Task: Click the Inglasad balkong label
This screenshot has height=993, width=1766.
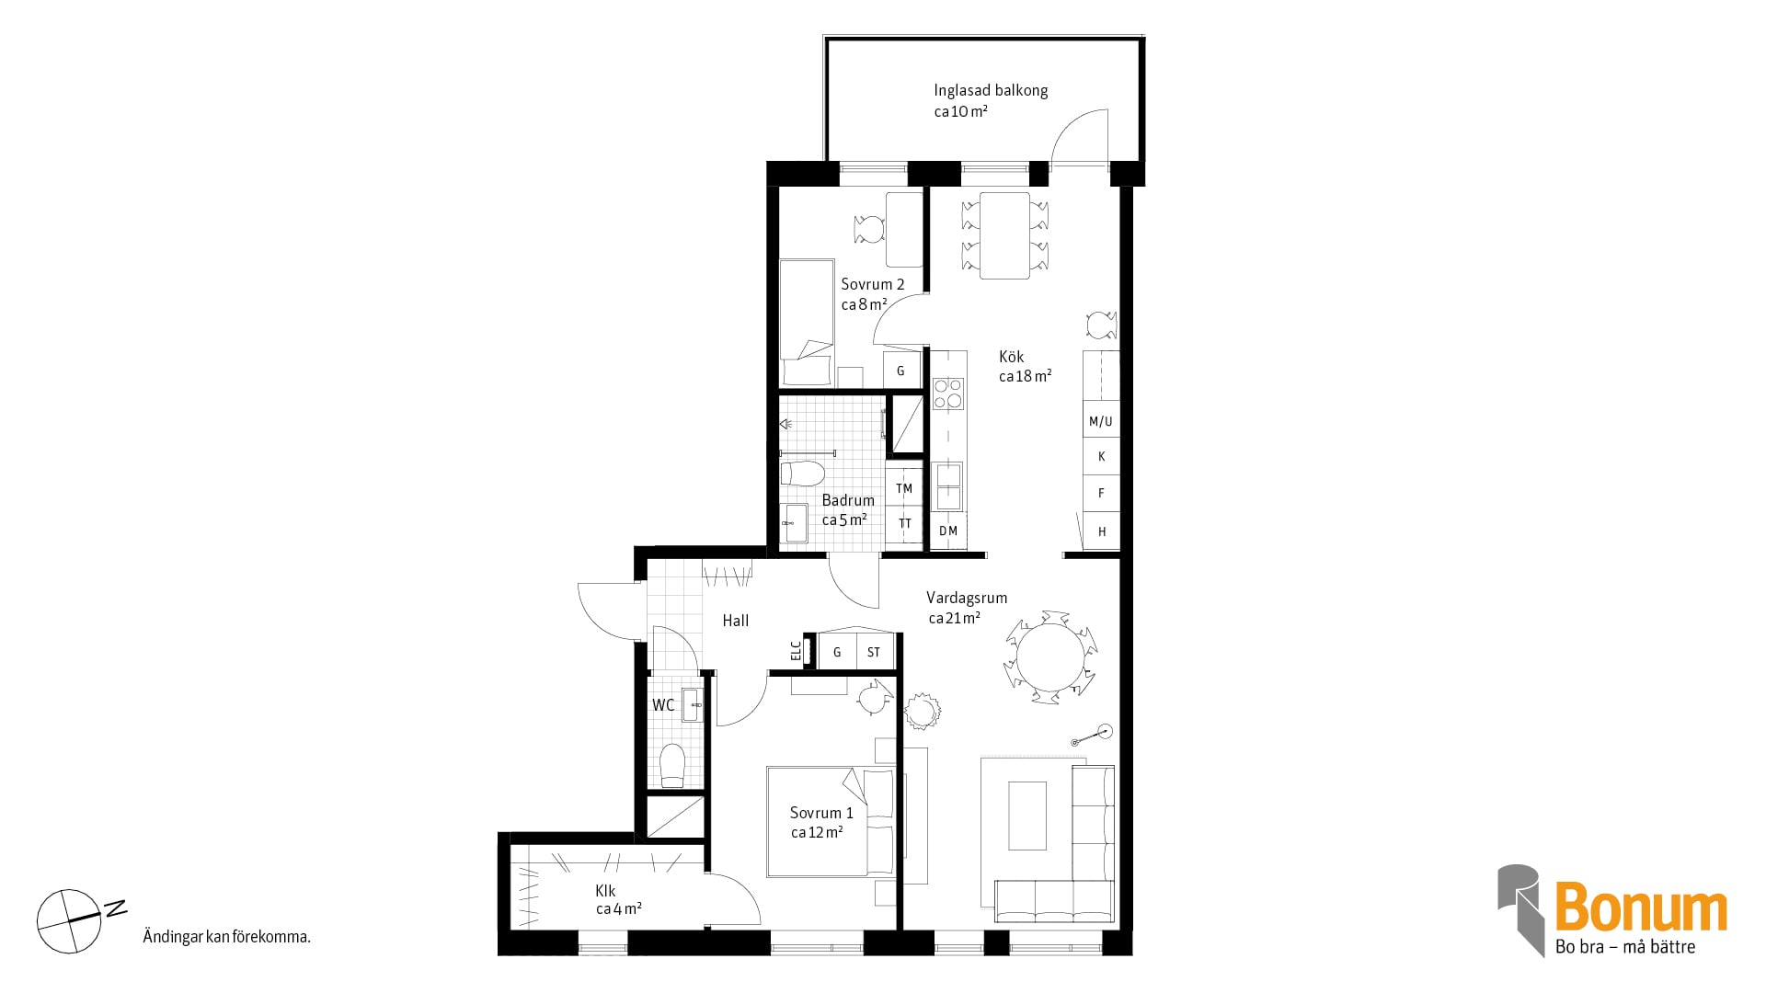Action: [x=991, y=90]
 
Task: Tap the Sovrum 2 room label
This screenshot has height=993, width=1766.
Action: [x=873, y=284]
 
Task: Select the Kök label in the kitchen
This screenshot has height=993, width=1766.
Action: [x=1012, y=357]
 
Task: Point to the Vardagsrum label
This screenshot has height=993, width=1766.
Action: [x=967, y=598]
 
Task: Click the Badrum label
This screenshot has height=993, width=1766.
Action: [x=848, y=500]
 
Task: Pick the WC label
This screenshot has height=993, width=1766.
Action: [x=663, y=705]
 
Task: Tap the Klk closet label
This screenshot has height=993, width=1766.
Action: [x=605, y=891]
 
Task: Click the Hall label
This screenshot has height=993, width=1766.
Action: [x=736, y=621]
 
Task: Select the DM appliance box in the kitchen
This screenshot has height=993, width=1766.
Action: [x=948, y=531]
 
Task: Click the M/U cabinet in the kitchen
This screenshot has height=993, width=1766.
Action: [x=1101, y=421]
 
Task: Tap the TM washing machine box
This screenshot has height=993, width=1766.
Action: [x=904, y=488]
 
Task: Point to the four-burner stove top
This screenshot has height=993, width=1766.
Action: [x=948, y=394]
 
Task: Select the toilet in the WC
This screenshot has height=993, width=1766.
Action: [x=672, y=766]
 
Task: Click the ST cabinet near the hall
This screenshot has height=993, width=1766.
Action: [x=874, y=652]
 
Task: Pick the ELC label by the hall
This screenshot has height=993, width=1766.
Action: [x=796, y=650]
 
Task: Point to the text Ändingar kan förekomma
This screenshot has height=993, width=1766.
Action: [x=226, y=938]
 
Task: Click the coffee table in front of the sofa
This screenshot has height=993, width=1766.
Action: [x=1027, y=816]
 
